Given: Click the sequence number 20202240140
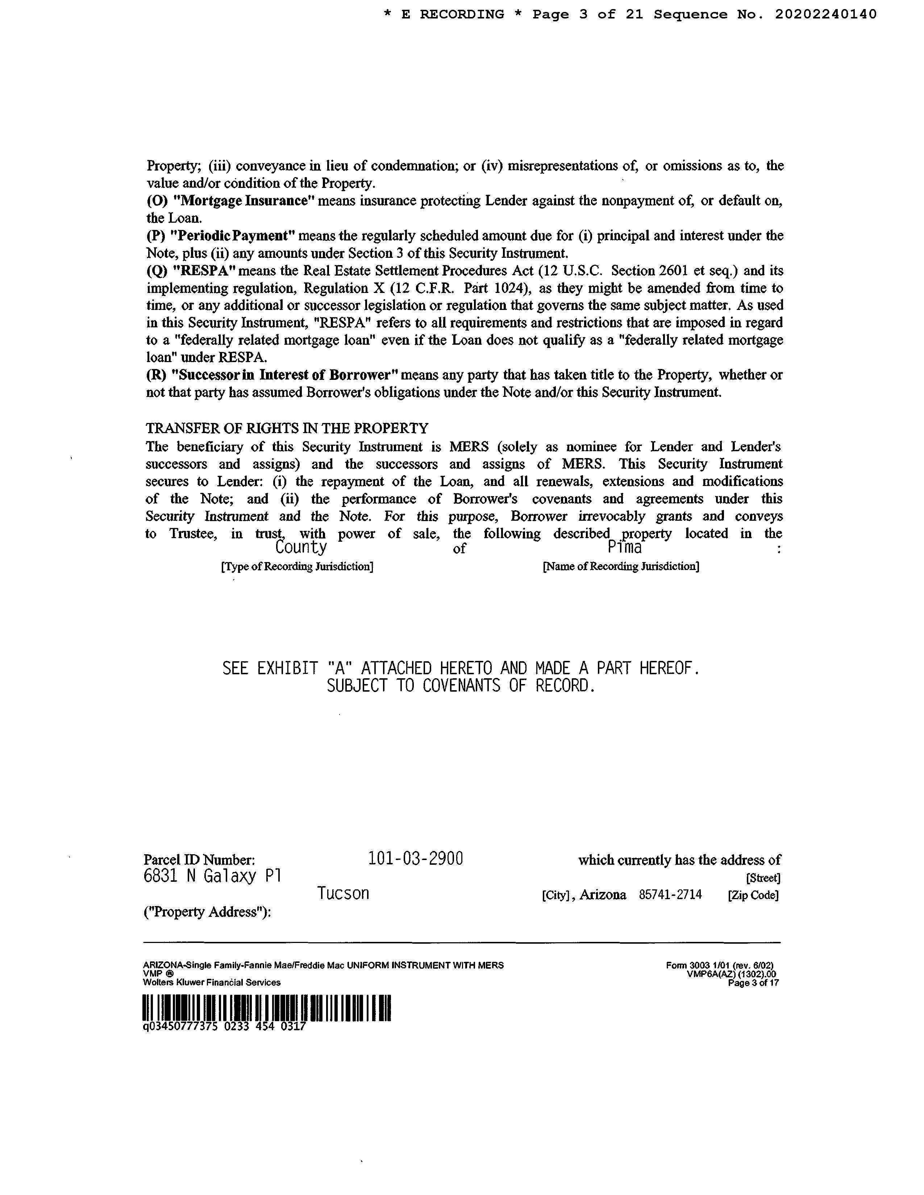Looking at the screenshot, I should click(x=825, y=15).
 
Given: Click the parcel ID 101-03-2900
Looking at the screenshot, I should click(x=416, y=859).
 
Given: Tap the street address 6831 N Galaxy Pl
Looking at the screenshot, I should click(x=212, y=877).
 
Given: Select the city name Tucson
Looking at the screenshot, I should click(x=343, y=893).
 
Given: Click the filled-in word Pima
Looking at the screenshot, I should click(x=625, y=547).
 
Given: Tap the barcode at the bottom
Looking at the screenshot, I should click(x=267, y=1008).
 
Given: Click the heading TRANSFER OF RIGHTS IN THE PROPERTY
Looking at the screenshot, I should click(x=287, y=428).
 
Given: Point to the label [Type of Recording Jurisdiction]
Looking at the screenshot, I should click(x=297, y=566).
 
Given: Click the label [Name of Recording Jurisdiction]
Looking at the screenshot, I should click(x=621, y=566).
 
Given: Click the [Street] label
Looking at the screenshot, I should click(x=763, y=878).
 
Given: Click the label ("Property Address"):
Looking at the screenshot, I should click(x=208, y=912).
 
